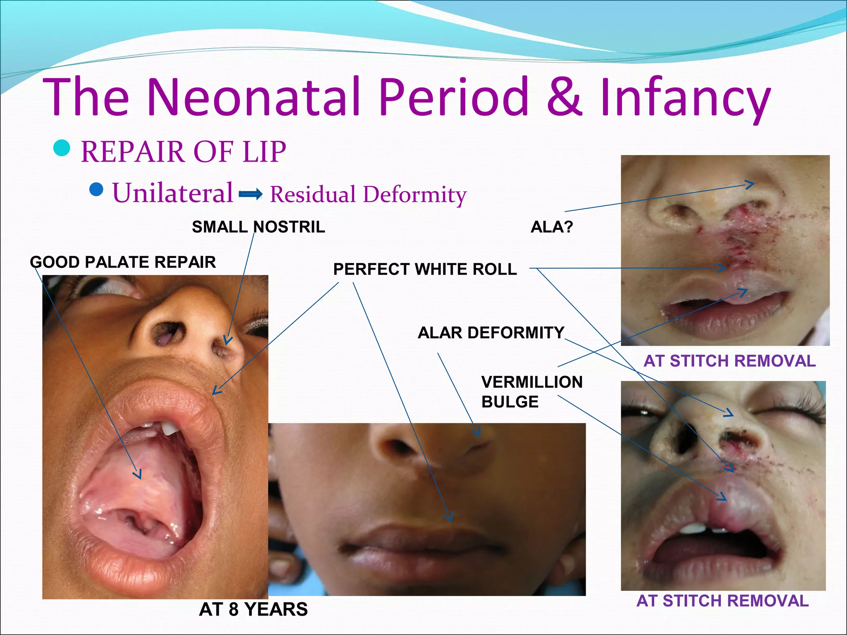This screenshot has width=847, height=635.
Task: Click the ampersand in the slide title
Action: point(565,97)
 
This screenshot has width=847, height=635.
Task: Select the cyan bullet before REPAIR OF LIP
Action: point(62,148)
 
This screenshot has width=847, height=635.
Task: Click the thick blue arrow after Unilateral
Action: point(251,193)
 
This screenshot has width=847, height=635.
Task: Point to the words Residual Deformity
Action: point(368,194)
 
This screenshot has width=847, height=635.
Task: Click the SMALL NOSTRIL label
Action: point(258,227)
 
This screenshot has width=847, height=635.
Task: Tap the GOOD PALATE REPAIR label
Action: point(123,262)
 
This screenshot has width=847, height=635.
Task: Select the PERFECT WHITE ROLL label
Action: point(425,269)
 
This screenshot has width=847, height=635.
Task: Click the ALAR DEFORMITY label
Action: point(491,333)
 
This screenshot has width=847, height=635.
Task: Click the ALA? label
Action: point(552,227)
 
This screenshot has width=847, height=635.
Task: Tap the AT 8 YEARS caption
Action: point(253,609)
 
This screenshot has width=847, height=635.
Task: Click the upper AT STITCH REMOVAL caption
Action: point(730,361)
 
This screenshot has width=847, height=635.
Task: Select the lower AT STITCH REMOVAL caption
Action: point(723,601)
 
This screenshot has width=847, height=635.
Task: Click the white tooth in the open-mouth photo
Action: point(170,428)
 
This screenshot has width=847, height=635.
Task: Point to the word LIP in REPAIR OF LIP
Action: point(264,152)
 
